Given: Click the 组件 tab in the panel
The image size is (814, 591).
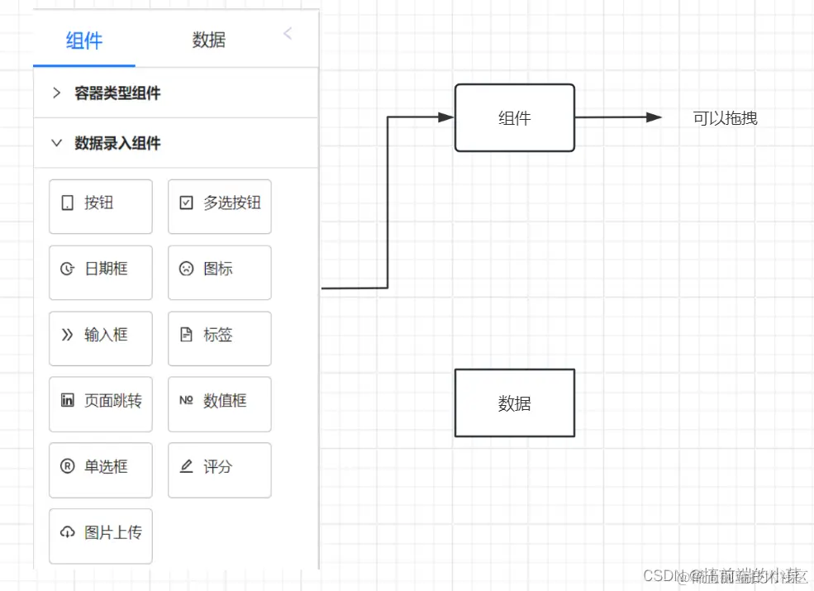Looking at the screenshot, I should click(x=84, y=41).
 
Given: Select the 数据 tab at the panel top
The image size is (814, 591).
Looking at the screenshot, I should click(x=208, y=41).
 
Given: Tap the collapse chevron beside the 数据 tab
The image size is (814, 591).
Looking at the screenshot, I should click(x=287, y=34).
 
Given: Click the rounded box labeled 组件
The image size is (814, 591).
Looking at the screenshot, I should click(x=514, y=118).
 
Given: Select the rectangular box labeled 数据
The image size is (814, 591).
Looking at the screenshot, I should click(x=514, y=403).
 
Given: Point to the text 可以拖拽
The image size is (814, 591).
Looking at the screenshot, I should click(x=725, y=118).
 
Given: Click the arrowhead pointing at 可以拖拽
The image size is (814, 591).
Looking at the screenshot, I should click(x=654, y=117).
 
